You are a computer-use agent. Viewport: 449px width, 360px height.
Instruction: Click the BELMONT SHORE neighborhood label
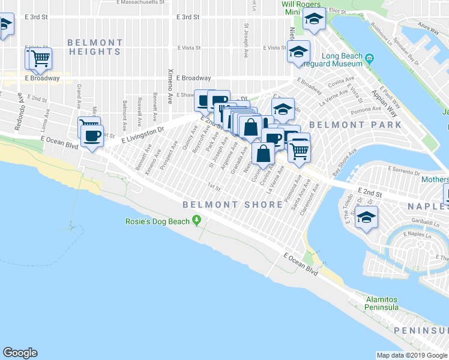232,205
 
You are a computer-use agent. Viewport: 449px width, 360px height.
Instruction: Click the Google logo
20,353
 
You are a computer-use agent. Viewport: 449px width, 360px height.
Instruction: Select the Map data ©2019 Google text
412,355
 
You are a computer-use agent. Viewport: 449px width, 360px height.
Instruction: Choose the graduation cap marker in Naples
366,217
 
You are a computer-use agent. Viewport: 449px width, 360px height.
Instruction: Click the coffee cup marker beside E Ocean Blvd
92,136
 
